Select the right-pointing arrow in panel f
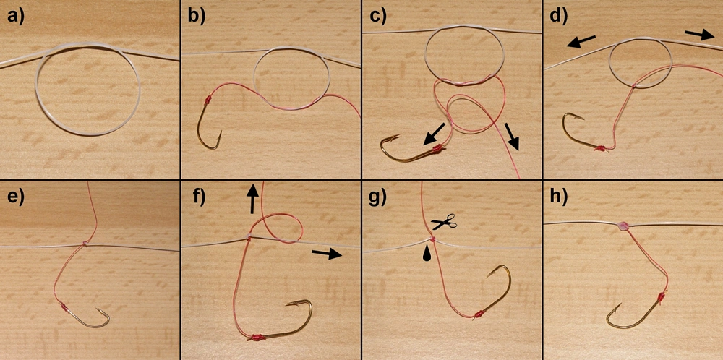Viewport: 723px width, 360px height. pos(328,252)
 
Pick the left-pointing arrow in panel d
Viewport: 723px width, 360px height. pos(581,41)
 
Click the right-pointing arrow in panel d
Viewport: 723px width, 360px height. pos(699,34)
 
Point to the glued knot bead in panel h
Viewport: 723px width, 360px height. pos(623,226)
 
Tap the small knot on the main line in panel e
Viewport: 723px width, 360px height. pos(85,244)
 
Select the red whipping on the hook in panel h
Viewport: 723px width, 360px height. pos(662,299)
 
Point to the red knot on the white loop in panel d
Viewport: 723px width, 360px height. pos(635,86)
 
